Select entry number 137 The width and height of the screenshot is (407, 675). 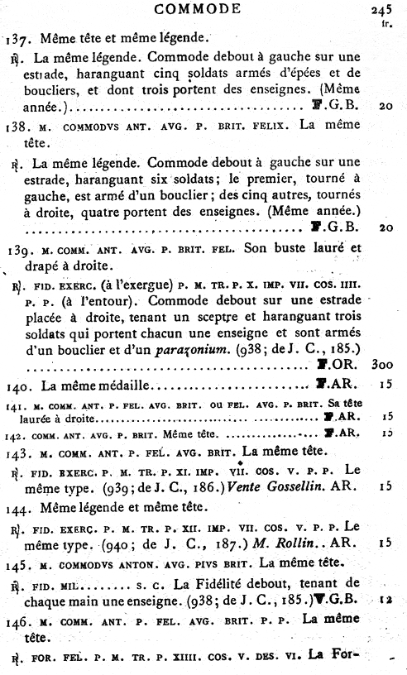point(13,39)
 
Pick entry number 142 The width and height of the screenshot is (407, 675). point(12,433)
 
